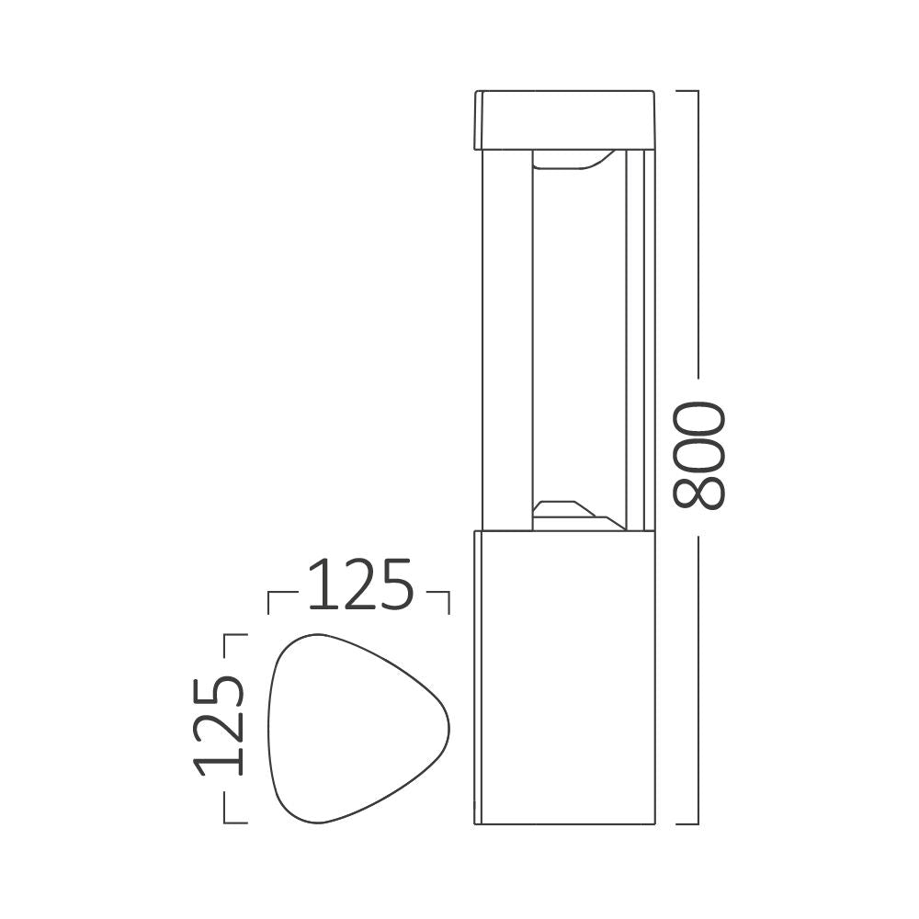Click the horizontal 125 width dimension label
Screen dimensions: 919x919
click(x=359, y=585)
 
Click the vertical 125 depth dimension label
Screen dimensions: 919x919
click(x=220, y=726)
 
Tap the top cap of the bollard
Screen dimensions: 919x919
click(x=565, y=119)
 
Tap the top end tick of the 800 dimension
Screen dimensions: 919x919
click(x=687, y=91)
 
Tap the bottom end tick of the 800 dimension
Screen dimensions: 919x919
click(x=687, y=823)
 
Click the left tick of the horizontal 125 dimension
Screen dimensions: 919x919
click(x=267, y=602)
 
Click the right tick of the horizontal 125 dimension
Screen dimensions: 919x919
click(x=448, y=602)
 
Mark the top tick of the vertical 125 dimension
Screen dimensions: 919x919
click(x=234, y=635)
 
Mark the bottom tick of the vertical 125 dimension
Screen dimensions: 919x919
click(x=234, y=823)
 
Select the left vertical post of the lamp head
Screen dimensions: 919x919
click(x=504, y=340)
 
